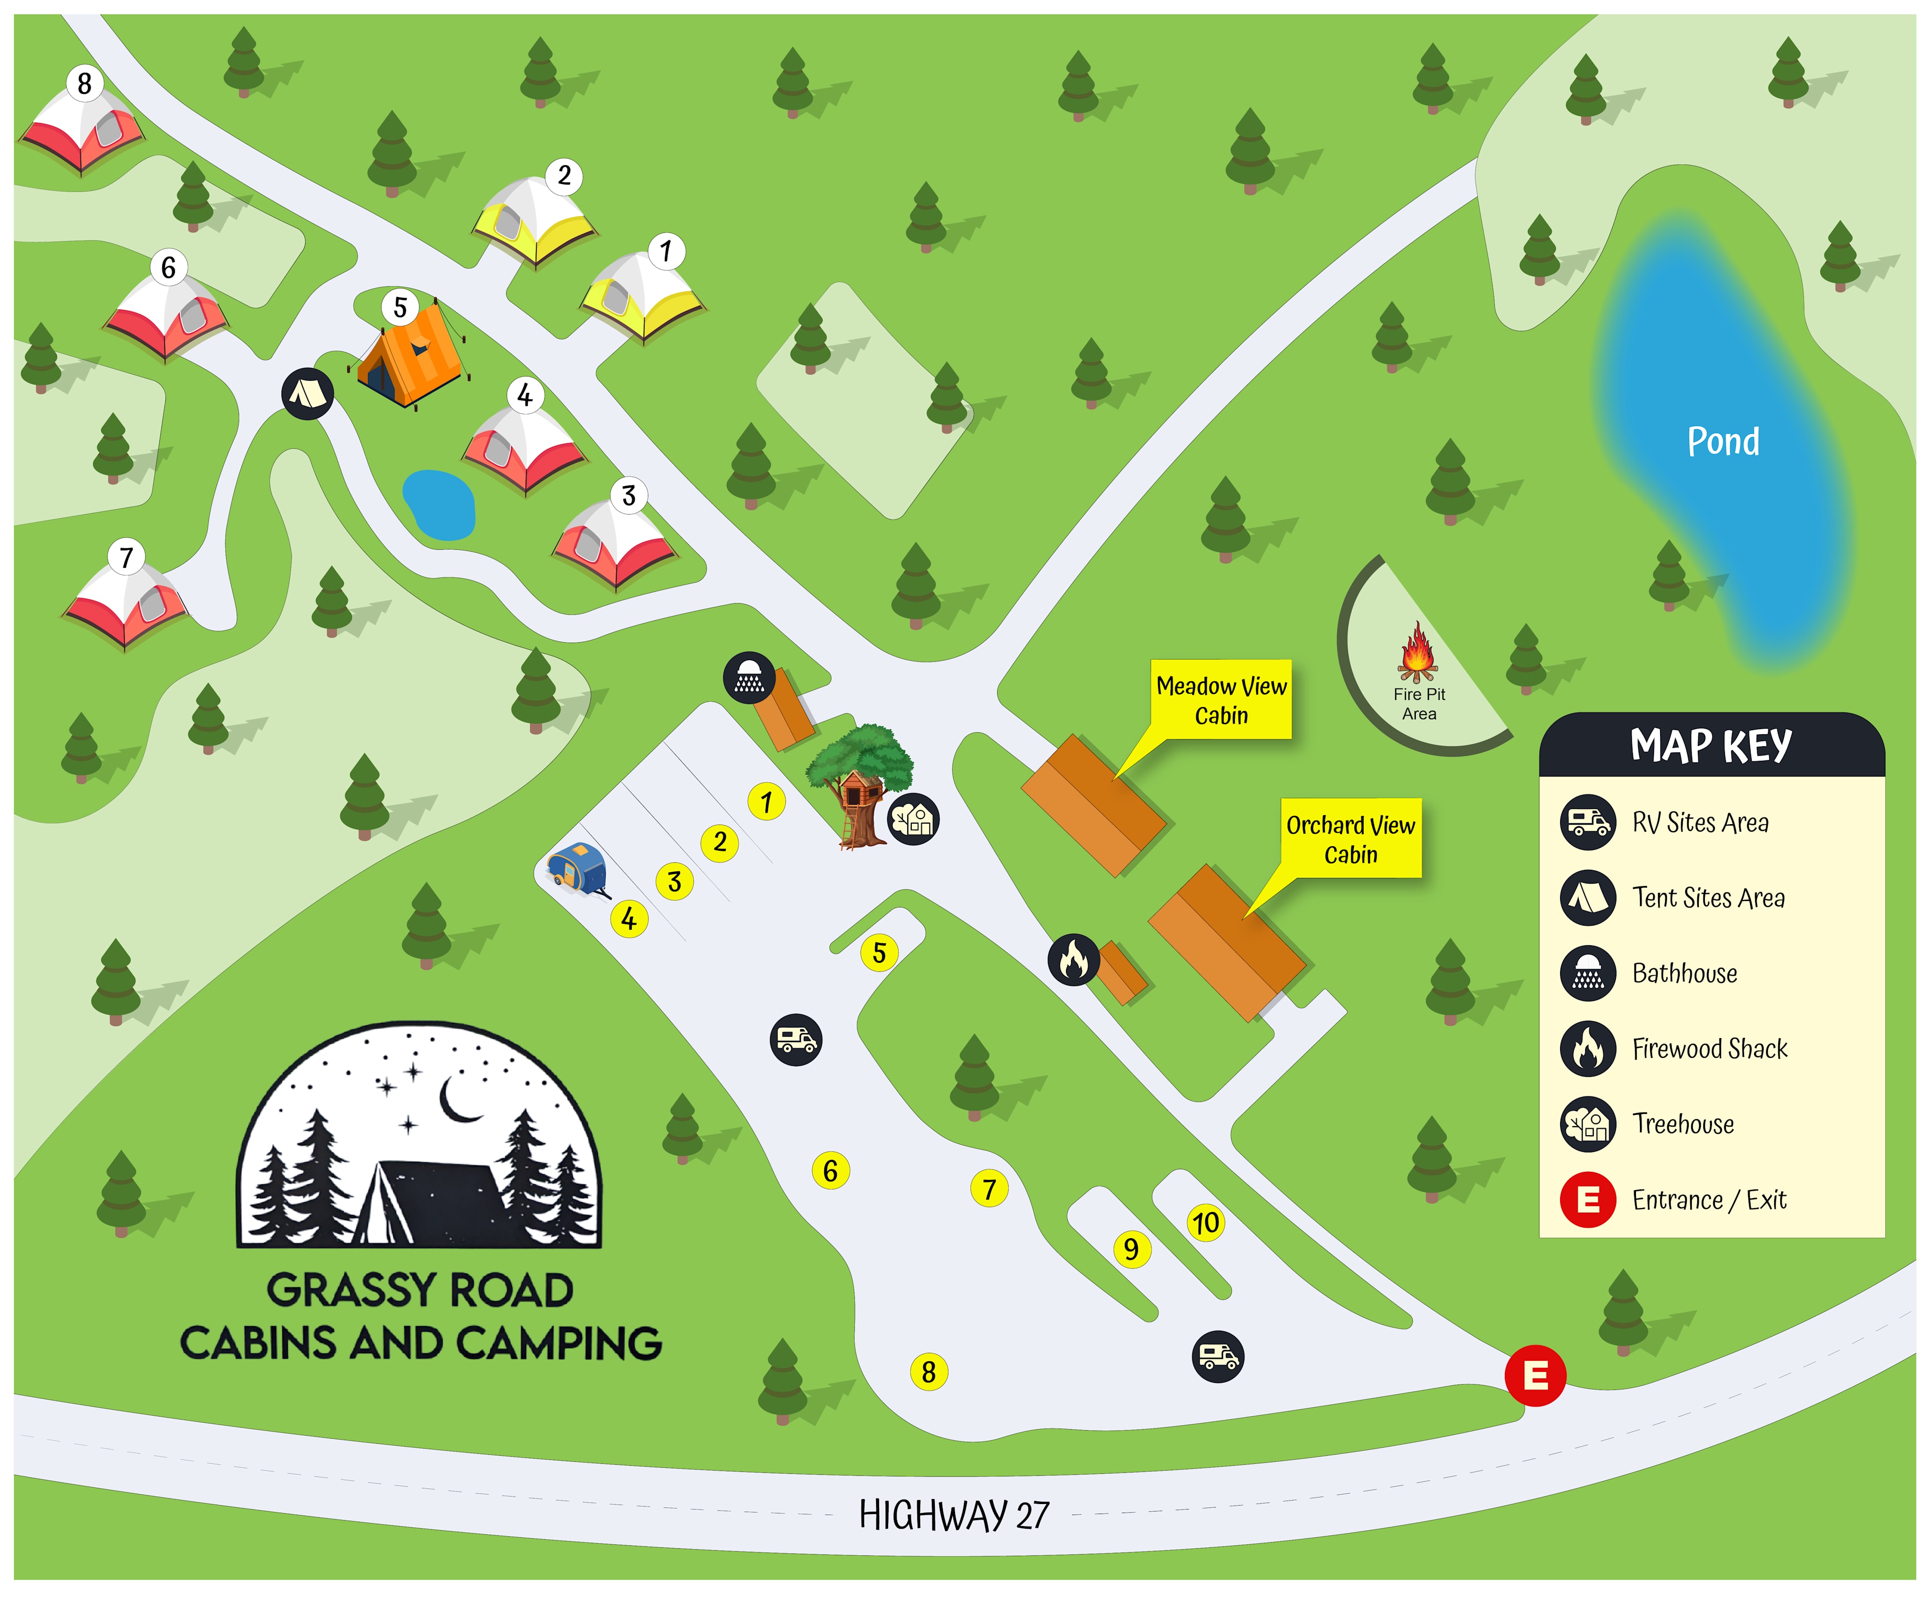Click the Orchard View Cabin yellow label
click(1350, 839)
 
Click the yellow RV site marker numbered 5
click(879, 953)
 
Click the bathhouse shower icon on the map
click(749, 678)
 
